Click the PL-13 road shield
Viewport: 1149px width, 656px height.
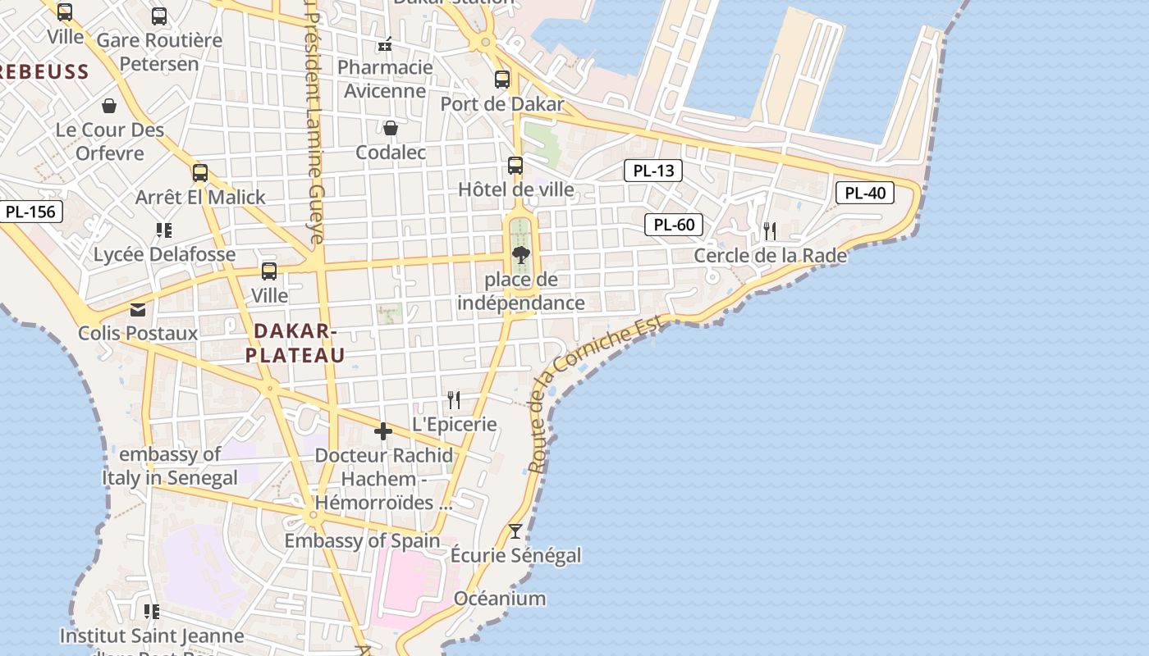[653, 171]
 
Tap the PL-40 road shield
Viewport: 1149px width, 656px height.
[865, 194]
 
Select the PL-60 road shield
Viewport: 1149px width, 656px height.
[674, 225]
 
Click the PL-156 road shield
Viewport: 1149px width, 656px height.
[30, 212]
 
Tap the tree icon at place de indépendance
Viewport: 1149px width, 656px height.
[520, 255]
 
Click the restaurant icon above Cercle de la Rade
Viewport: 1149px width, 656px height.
[770, 231]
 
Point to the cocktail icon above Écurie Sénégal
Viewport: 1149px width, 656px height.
[515, 531]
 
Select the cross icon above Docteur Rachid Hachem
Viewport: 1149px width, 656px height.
[383, 431]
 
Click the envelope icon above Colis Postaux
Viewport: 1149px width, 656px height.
[138, 309]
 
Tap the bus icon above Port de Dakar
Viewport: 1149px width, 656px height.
[502, 80]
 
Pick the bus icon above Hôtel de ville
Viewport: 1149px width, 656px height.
[515, 166]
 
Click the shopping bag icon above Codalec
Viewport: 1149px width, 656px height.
[391, 128]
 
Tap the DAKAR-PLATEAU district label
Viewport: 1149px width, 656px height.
[295, 343]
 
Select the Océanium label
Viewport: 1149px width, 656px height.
[499, 598]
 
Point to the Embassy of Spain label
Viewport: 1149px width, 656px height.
[362, 540]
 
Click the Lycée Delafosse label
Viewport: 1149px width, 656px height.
[164, 254]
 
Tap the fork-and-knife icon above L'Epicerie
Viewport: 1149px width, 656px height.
[453, 399]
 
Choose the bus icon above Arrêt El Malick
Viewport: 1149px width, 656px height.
[200, 173]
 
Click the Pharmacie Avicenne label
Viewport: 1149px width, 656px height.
[385, 79]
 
